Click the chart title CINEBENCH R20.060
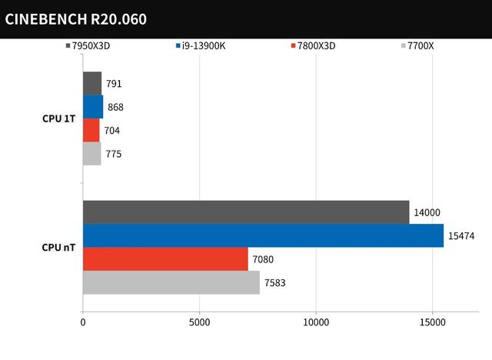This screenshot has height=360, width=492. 75,18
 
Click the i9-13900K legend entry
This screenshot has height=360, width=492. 203,45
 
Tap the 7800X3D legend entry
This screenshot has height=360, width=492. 313,45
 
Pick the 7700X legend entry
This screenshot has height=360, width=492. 418,45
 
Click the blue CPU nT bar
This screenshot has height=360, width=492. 263,235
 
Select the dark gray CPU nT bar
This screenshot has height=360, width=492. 246,212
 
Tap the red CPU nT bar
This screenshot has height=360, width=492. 165,258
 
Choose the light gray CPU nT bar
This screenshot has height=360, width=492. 171,282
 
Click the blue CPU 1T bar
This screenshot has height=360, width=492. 93,107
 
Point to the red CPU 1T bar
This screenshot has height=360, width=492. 91,130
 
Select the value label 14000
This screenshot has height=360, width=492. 427,213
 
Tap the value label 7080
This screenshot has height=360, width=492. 264,260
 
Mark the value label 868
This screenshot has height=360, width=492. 116,107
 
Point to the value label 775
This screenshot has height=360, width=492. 113,154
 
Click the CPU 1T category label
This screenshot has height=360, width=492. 58,118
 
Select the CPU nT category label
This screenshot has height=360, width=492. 58,248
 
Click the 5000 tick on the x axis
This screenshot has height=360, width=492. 199,322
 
